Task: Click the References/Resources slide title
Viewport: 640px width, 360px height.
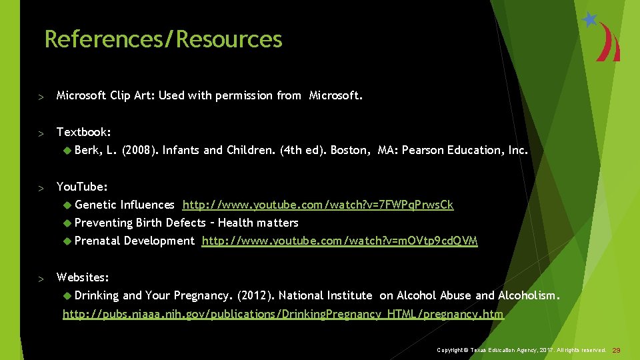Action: (x=163, y=39)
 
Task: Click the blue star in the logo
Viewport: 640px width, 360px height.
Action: (x=589, y=20)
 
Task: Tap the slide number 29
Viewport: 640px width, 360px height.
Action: (x=616, y=350)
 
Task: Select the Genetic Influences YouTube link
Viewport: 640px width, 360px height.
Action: (x=318, y=205)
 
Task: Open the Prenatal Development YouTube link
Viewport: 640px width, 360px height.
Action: (x=339, y=241)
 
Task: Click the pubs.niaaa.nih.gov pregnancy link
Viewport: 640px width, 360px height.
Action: (x=283, y=314)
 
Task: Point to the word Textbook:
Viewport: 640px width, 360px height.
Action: (x=84, y=132)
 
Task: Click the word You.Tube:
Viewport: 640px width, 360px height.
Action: (x=82, y=187)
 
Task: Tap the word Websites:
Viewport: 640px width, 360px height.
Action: (x=83, y=277)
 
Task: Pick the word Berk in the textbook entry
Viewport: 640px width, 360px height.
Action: (x=87, y=150)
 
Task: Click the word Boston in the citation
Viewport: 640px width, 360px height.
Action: (x=349, y=150)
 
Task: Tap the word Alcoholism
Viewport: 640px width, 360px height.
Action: (x=529, y=295)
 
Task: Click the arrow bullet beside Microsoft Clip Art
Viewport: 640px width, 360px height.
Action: (x=41, y=97)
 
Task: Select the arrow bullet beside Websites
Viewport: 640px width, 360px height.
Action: (x=41, y=279)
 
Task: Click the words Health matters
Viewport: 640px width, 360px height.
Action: (x=259, y=223)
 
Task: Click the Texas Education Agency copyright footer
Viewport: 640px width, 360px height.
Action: (x=521, y=350)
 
